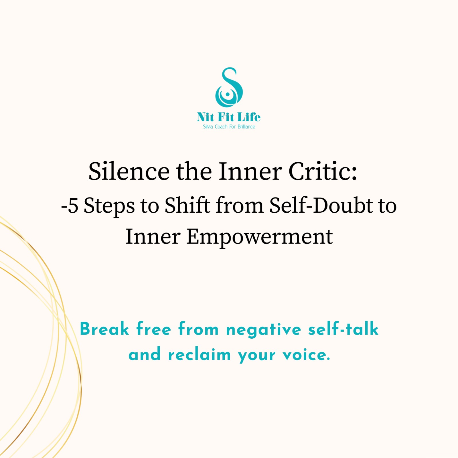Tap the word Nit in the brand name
coord(205,117)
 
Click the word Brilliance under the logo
coord(246,127)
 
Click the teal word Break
coord(104,329)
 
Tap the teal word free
coord(154,329)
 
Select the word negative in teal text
coord(264,330)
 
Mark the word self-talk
coord(343,329)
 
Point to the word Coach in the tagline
coord(221,127)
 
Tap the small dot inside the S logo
coord(228,94)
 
